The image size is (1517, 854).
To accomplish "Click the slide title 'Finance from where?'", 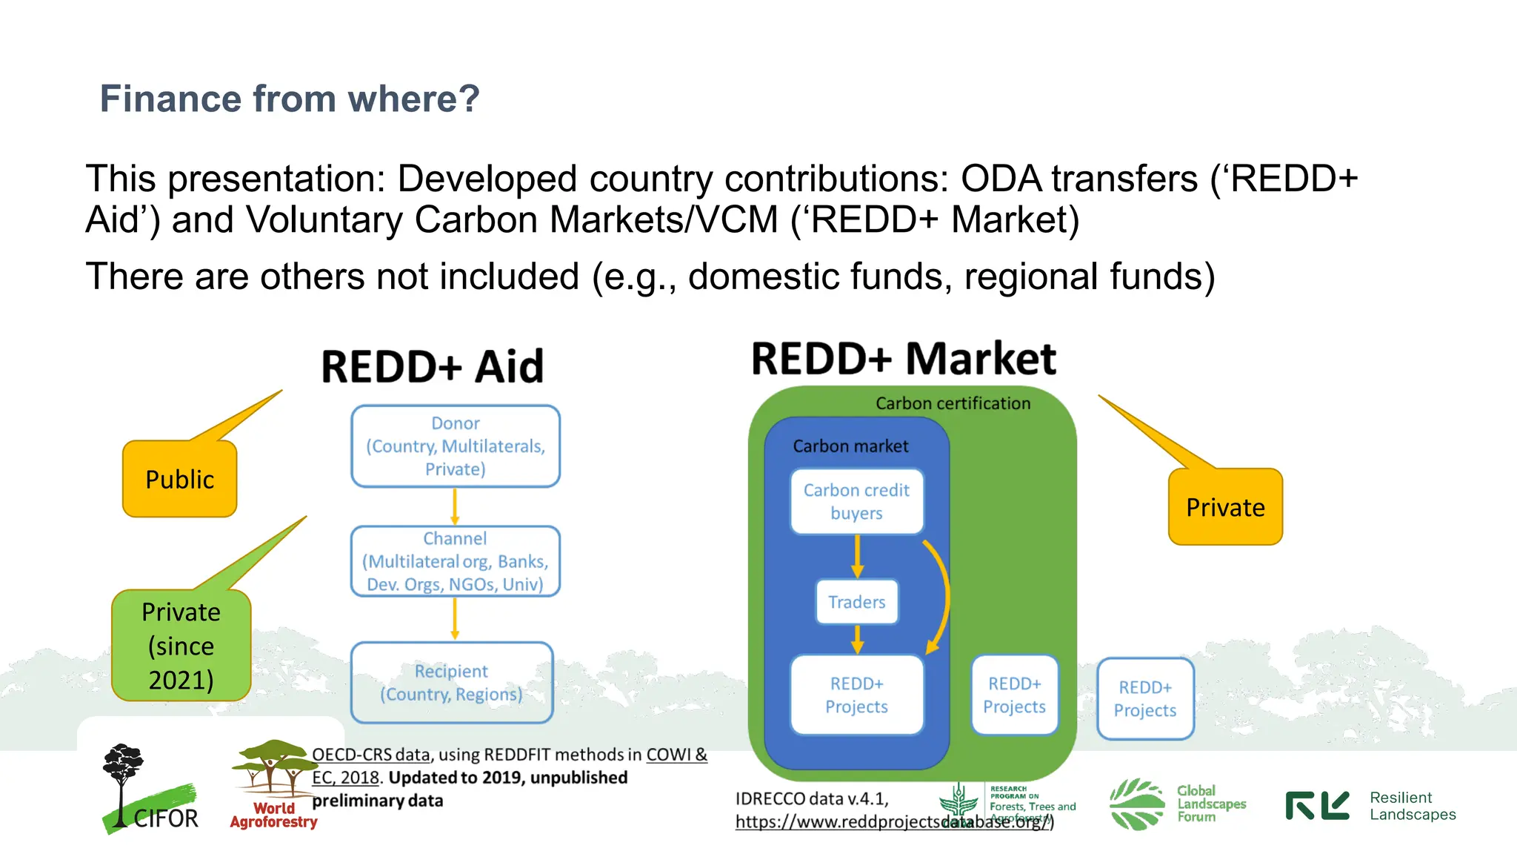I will pos(290,99).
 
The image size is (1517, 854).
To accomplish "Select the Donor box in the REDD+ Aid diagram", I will pos(455,446).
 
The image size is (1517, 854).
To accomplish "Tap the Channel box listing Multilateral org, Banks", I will pos(455,561).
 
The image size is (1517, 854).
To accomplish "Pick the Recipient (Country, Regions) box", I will pos(452,683).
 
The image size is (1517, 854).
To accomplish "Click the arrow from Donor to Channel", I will pos(455,507).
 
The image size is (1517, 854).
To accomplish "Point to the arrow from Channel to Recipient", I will pos(455,619).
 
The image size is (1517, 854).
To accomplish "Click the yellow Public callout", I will pos(180,480).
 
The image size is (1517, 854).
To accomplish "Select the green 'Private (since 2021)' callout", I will pos(181,646).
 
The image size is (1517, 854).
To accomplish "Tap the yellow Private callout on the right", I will pos(1225,508).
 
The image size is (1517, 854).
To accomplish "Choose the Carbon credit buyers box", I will pos(857,502).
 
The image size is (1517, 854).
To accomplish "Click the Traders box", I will pos(857,602).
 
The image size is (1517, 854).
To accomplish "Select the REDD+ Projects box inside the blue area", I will pos(857,695).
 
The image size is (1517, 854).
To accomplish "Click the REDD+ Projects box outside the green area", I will pos(1145,699).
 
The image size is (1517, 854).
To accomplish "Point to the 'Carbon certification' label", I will pos(953,403).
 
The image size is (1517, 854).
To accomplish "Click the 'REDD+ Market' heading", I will pos(904,359).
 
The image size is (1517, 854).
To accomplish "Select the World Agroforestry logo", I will pos(273,786).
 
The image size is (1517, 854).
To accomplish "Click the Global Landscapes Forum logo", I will pos(1178,804).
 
